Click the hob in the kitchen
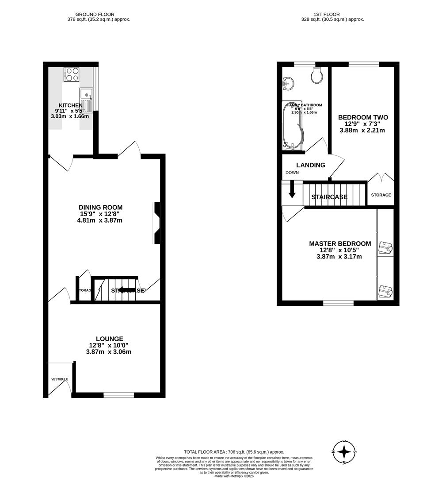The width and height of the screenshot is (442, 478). pos(71,74)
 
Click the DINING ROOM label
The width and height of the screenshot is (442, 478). pos(100,207)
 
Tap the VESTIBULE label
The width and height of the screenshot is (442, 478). pos(59,379)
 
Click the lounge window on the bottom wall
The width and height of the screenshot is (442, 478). pos(118,395)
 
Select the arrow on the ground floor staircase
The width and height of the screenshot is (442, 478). pos(126,290)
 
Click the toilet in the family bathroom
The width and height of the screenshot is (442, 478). pos(317,76)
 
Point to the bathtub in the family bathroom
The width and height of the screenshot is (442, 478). pos(292,126)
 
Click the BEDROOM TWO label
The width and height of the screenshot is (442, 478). pos(363,117)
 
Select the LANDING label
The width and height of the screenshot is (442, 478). pos(311,165)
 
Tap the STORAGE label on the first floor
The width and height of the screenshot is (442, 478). pos(381,195)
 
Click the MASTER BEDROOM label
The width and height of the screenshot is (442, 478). pos(340,243)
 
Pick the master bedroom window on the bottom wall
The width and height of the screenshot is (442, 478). pos(338,303)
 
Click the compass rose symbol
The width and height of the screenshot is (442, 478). pos(345,452)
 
